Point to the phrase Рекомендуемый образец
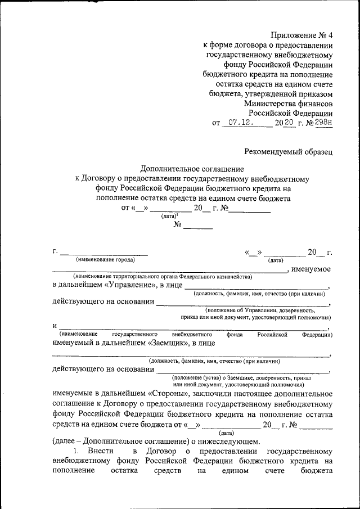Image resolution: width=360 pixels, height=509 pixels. pyautogui.click(x=288, y=150)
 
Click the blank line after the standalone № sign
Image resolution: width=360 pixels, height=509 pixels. pyautogui.click(x=198, y=226)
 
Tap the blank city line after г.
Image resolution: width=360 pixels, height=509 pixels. pyautogui.click(x=104, y=252)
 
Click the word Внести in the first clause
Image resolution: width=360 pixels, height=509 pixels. pyautogui.click(x=101, y=451)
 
